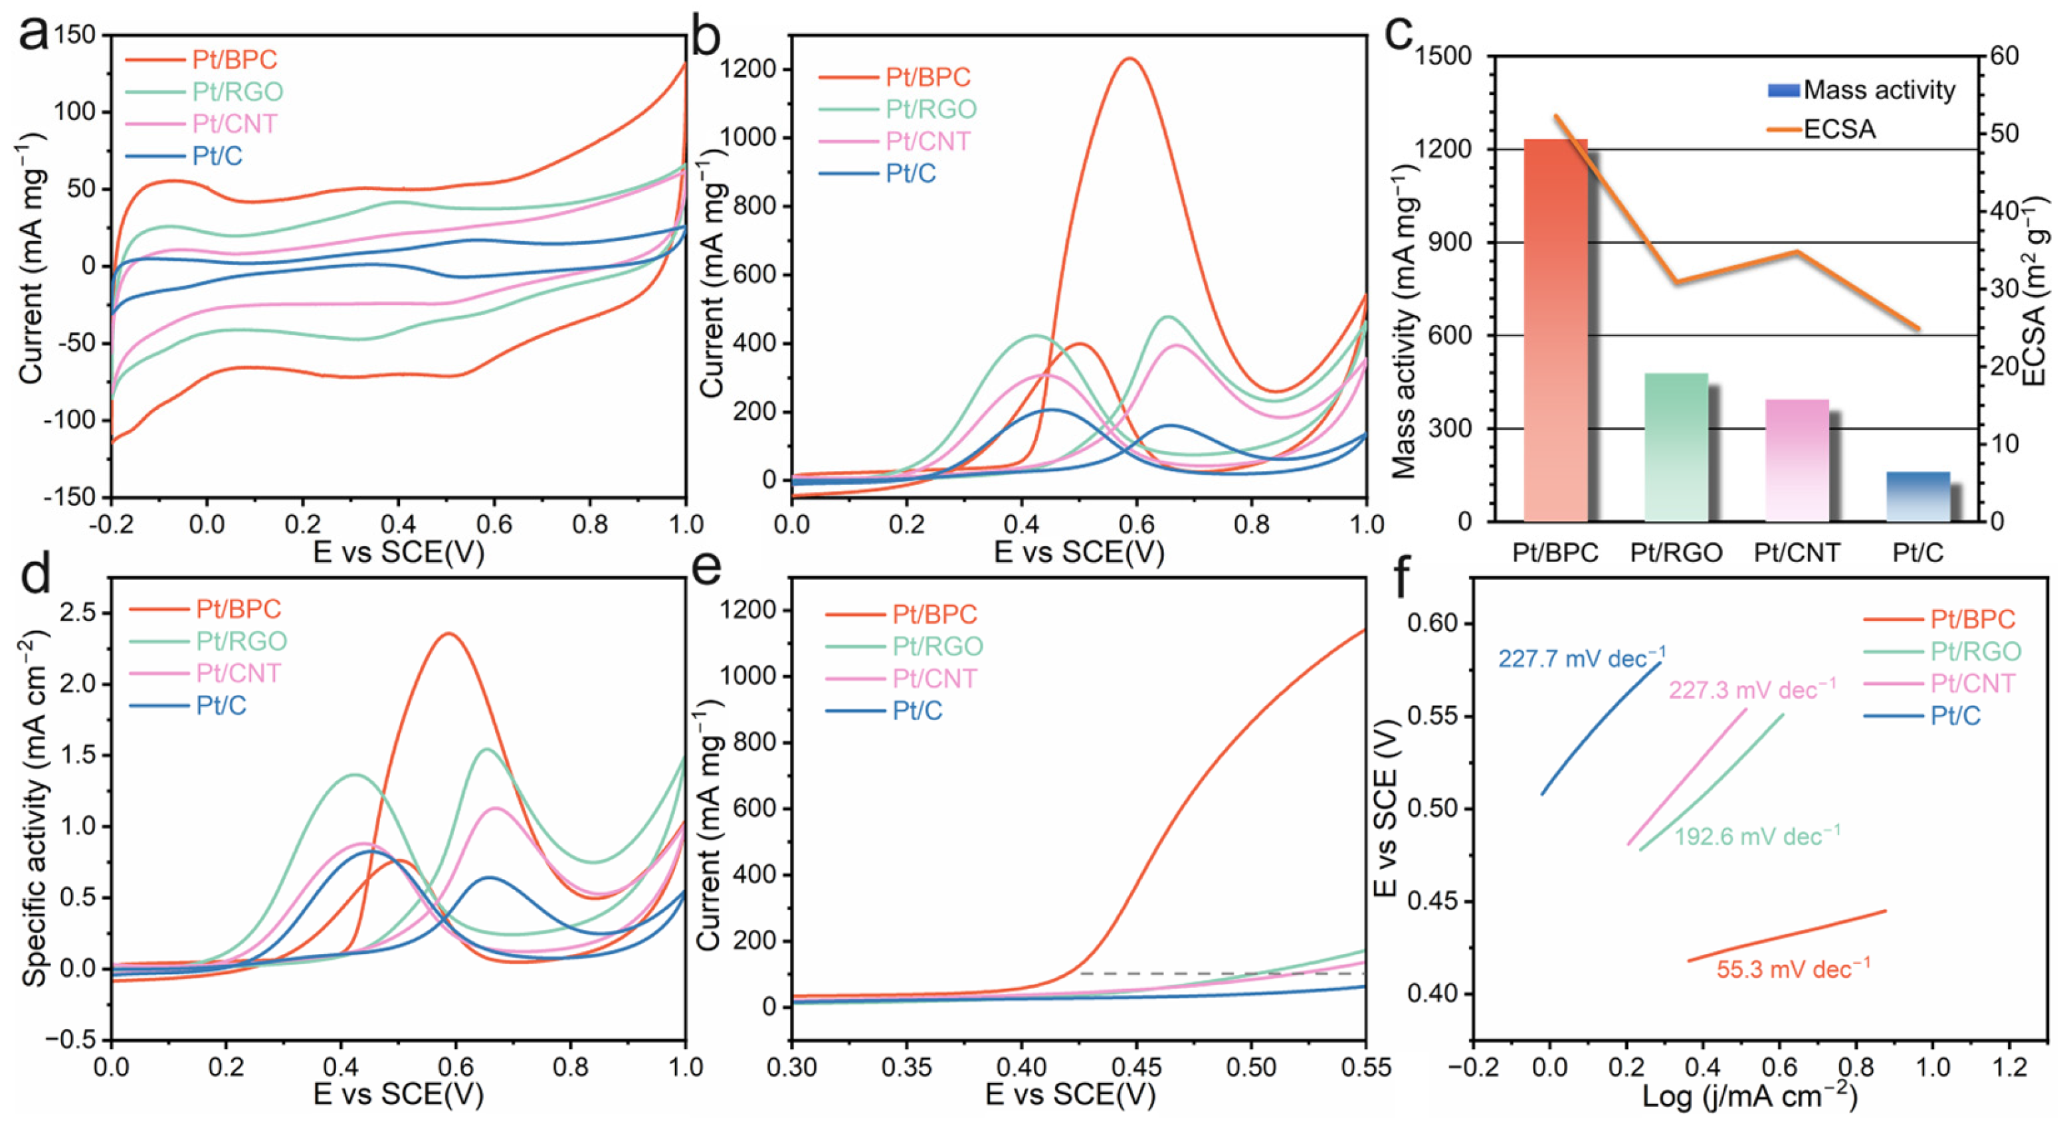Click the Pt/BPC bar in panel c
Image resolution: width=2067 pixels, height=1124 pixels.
1554,329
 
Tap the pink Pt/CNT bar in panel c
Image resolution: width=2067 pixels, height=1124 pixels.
1797,460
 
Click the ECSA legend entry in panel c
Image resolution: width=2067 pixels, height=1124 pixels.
1838,129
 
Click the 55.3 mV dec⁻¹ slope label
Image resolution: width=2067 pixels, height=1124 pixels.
1793,969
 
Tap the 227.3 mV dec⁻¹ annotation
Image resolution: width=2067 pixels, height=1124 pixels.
1751,690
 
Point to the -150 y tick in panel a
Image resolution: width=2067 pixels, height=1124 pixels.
70,498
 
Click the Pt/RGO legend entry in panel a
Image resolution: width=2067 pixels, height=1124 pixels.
237,92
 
